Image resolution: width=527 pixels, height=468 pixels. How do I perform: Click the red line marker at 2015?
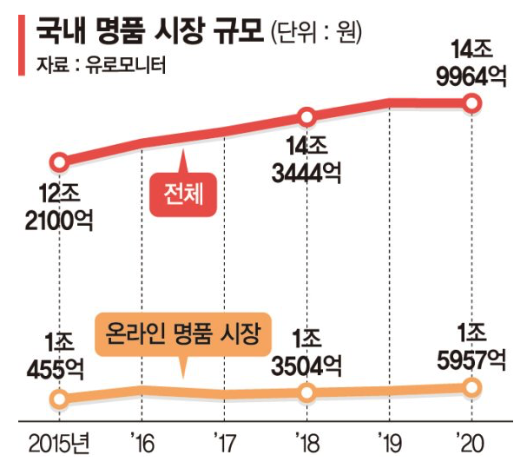59,162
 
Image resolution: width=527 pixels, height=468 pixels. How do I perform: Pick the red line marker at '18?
306,117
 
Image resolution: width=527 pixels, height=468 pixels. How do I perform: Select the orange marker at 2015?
59,399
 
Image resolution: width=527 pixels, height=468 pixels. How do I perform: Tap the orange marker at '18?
306,393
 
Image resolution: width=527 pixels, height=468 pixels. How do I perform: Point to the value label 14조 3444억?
306,158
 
